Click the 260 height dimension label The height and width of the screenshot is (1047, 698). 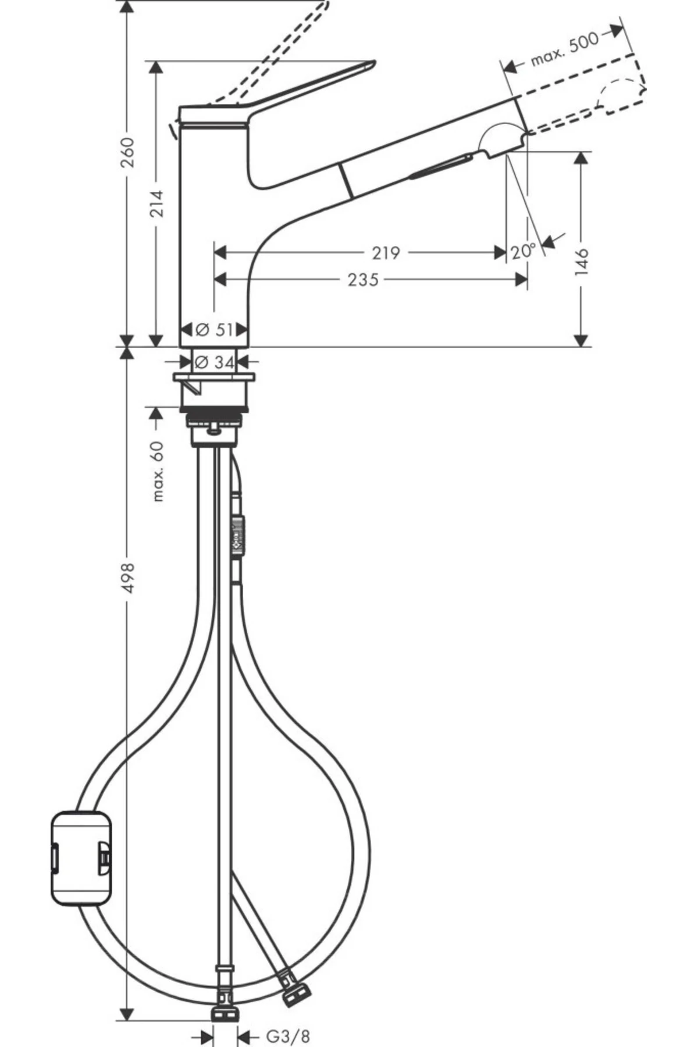pos(127,152)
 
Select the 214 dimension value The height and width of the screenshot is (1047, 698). pos(156,203)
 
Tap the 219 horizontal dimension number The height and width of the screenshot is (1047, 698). pos(386,252)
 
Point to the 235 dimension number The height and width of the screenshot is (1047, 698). pos(363,280)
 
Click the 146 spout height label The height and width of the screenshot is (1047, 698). pos(582,261)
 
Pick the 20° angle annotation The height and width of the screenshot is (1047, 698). pos(523,251)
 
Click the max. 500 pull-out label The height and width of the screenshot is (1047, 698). pos(564,49)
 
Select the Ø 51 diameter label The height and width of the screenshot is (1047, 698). pos(214,330)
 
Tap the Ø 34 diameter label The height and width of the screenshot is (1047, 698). pos(214,362)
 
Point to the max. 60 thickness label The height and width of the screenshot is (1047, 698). pos(157,471)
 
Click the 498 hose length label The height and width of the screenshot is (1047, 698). pos(128,578)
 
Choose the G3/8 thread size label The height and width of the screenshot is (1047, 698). pos(288,1036)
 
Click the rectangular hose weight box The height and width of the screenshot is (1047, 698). pos(80,858)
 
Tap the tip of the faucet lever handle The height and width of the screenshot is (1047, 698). pos(370,64)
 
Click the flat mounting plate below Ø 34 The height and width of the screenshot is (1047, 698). pos(214,378)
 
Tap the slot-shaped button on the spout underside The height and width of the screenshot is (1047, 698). pos(441,165)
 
